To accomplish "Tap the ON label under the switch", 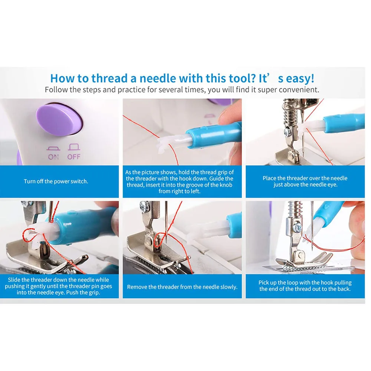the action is coord(53,157).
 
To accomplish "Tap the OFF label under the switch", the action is coord(74,157).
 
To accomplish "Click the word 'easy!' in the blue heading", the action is coord(300,79).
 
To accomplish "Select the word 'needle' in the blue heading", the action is coord(158,78).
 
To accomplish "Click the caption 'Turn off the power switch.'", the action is coord(56,181).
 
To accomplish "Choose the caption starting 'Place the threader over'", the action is coord(305,181).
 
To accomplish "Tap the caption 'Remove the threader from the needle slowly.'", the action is coord(182,287).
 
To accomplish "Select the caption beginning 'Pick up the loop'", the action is coord(305,286).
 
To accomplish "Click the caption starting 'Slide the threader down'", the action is coord(59,286).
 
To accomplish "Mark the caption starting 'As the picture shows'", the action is coord(180,182).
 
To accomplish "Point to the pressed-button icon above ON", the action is coord(53,149).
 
